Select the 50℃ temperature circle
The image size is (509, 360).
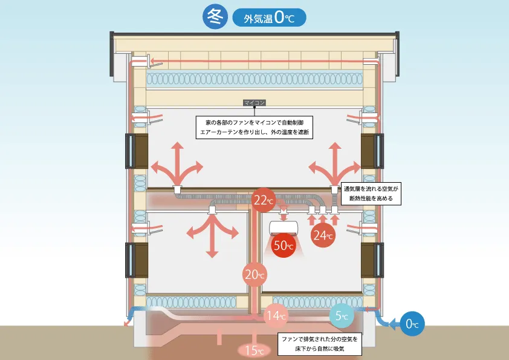284,245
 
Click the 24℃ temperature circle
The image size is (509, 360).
323,235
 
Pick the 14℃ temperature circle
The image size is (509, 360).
276,315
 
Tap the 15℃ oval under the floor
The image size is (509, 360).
251,350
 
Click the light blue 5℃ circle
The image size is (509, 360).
342,315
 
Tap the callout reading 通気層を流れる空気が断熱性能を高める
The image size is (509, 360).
371,193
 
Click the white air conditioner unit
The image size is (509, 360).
284,227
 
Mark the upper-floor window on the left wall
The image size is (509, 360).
137,151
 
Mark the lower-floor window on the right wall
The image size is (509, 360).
372,260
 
